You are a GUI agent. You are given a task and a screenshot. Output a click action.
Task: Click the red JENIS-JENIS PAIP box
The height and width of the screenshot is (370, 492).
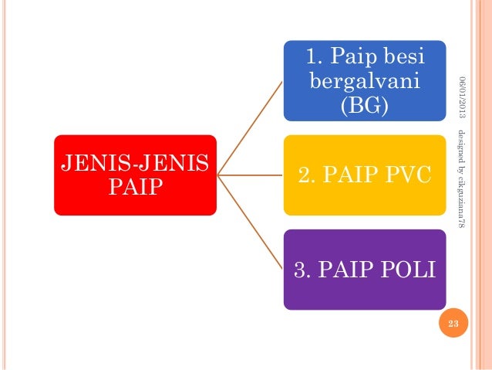[135, 175]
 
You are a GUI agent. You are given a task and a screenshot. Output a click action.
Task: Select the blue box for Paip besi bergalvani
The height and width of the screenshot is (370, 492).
[364, 80]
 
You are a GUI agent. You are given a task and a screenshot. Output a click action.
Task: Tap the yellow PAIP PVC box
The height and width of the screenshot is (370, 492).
[364, 175]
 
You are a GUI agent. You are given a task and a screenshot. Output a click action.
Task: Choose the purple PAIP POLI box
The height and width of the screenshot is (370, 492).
[364, 270]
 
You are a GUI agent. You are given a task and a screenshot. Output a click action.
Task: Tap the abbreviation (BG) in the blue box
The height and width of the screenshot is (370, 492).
[365, 104]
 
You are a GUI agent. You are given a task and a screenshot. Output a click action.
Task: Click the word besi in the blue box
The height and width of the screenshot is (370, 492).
[398, 56]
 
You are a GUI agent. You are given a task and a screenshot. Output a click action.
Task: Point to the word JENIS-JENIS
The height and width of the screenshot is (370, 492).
[136, 164]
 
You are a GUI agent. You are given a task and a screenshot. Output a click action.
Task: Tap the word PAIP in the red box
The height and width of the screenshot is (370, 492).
[136, 187]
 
